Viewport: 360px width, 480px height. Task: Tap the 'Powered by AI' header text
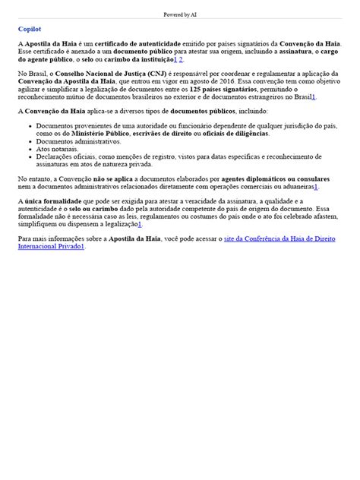coord(179,14)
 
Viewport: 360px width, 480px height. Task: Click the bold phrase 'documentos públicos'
coord(189,111)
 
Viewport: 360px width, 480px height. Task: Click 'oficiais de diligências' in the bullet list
coord(232,133)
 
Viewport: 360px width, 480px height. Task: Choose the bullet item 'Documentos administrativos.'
coord(68,141)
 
